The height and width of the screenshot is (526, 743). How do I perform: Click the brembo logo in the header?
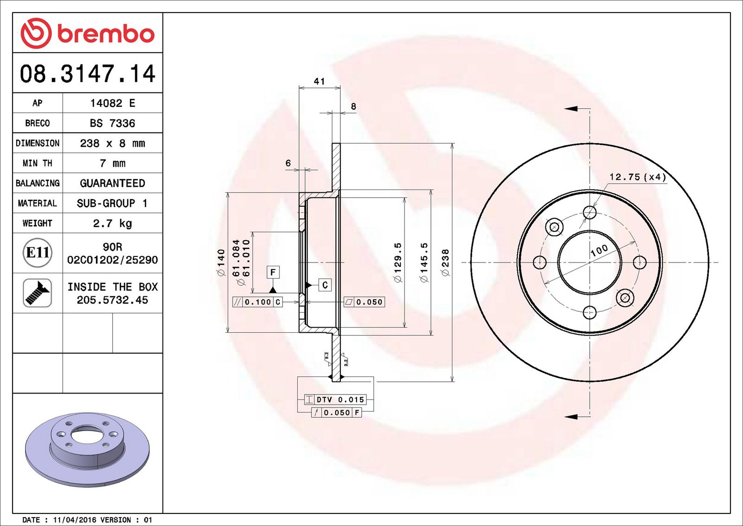[87, 33]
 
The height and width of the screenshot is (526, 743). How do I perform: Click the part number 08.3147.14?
[88, 73]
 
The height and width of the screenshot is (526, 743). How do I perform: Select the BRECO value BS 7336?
[112, 123]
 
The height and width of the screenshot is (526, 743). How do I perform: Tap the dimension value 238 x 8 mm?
[112, 143]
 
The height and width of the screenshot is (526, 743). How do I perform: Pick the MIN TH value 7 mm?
[112, 163]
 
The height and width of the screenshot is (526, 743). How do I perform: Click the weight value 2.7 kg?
[112, 223]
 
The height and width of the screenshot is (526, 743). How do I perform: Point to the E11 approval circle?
[38, 253]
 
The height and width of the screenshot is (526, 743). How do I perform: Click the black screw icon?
[37, 293]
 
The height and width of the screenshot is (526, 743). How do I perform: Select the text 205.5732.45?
[112, 300]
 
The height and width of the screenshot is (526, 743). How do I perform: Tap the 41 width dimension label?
[319, 81]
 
